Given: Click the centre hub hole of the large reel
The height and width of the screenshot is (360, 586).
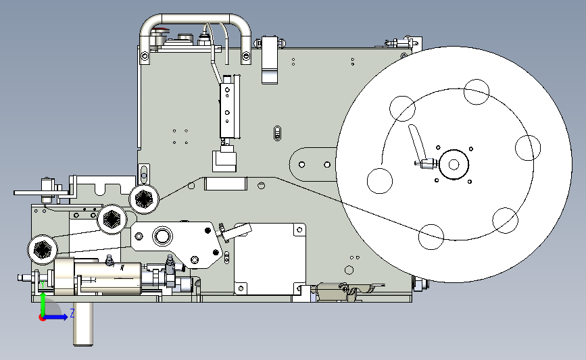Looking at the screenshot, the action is [x=454, y=164].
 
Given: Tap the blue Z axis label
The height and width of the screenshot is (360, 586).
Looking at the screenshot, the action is [x=72, y=313].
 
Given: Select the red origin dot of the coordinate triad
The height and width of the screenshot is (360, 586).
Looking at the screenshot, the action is [x=42, y=318].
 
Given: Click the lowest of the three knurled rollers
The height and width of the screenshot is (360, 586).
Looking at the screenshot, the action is [x=43, y=249].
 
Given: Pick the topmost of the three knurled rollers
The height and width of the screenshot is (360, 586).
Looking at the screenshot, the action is [x=144, y=199].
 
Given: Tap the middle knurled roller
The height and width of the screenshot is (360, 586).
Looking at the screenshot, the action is [x=112, y=220].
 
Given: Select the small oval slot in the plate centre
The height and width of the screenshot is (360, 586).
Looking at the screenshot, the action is [x=277, y=133].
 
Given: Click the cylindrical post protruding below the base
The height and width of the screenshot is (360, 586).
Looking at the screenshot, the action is [x=83, y=324].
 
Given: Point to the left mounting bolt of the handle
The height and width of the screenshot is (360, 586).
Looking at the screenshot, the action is [x=145, y=56].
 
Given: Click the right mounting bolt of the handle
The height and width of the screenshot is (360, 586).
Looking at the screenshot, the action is [x=246, y=56].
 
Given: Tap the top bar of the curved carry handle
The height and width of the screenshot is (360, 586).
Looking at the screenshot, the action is [x=195, y=19].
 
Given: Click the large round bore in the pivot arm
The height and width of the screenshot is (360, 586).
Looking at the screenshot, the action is [x=163, y=236].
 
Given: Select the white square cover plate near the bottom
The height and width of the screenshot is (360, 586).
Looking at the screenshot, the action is [x=270, y=259].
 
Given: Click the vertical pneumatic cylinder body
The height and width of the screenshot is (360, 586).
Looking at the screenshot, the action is [x=228, y=110].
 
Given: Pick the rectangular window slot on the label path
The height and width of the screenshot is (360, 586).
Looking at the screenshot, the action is [x=226, y=184].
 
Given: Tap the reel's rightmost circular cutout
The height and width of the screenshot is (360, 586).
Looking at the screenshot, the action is [x=528, y=148].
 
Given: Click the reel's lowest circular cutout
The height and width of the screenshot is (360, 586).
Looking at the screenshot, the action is [x=431, y=237].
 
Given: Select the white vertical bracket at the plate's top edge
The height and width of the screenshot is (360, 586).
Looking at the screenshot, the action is [x=270, y=59].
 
